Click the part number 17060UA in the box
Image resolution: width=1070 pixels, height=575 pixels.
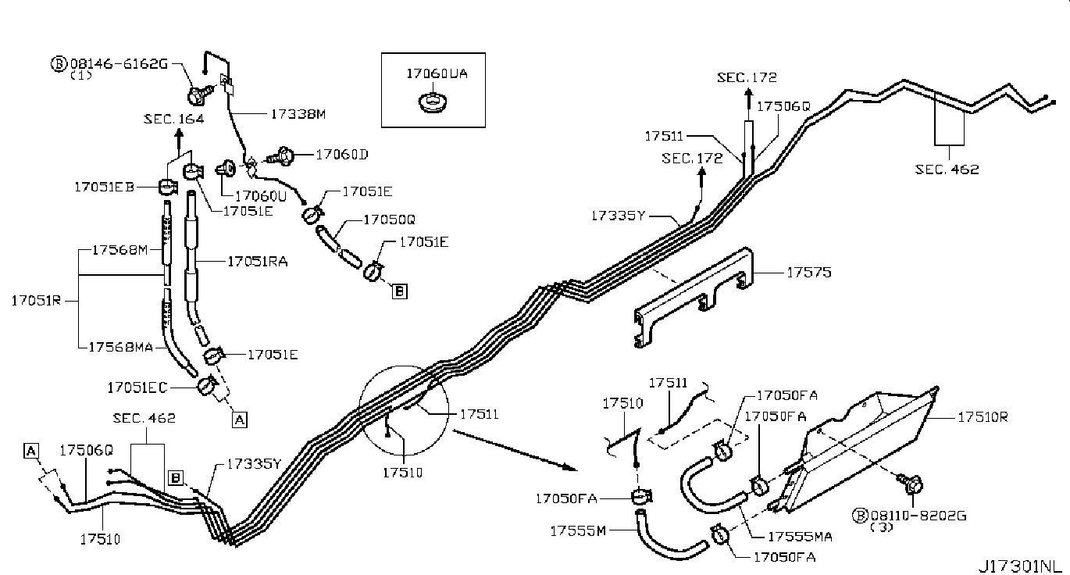(x=437, y=73)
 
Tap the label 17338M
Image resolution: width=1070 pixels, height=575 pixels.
(x=298, y=114)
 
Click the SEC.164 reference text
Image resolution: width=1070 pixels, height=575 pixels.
(x=174, y=119)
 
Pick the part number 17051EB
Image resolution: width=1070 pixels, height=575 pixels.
(x=104, y=187)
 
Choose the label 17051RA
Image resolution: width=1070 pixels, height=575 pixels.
(x=258, y=262)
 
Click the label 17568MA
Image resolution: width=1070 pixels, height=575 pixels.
(x=121, y=347)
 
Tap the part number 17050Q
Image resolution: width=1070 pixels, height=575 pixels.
(x=389, y=220)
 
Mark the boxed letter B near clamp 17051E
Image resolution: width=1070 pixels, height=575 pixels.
(x=400, y=291)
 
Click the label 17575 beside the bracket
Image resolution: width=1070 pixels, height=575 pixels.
(x=808, y=273)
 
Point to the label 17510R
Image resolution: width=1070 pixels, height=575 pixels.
(x=983, y=417)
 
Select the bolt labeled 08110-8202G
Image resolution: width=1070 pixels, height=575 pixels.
(x=911, y=484)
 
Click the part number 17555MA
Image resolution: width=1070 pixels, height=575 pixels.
(x=800, y=537)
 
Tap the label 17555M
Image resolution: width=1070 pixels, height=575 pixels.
(x=578, y=531)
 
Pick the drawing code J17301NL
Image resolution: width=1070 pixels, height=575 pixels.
(x=1023, y=566)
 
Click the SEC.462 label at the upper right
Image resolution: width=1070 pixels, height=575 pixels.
(x=947, y=170)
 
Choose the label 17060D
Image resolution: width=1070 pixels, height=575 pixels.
(x=342, y=155)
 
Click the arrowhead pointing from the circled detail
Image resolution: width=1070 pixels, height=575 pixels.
(x=571, y=467)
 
